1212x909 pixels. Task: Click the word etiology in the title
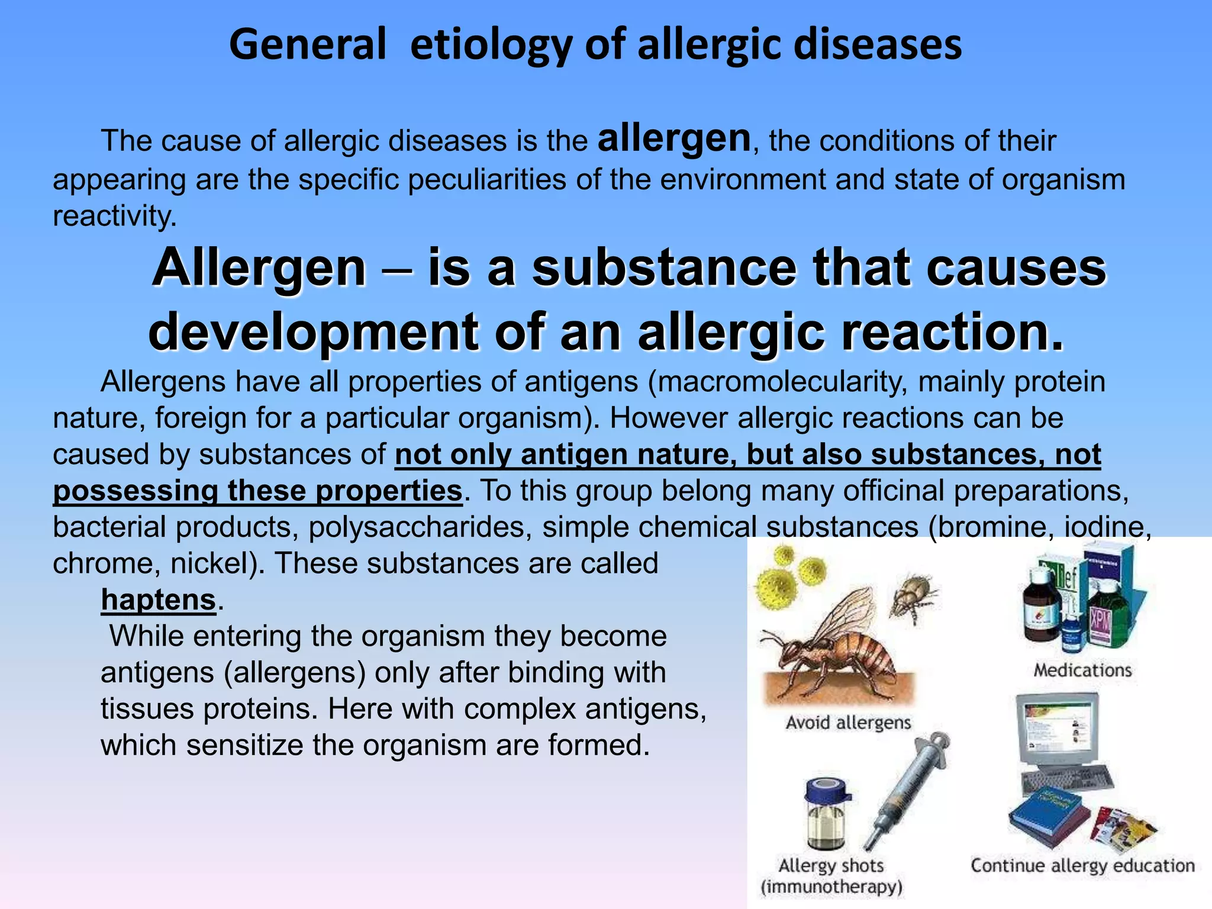coord(491,45)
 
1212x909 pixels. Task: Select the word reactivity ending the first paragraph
coord(114,216)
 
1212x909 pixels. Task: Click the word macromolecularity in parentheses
coord(782,382)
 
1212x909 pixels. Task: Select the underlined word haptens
coord(158,599)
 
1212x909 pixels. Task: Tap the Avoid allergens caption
coord(848,723)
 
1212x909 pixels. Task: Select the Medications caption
coord(1082,670)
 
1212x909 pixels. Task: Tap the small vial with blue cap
coord(827,814)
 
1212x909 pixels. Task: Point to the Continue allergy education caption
coord(1082,865)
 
